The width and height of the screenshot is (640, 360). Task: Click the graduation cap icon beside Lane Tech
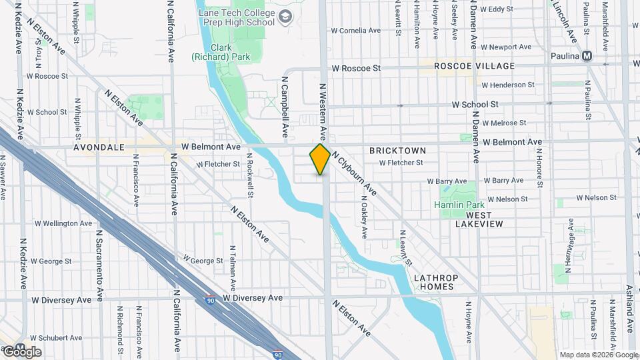[285, 16]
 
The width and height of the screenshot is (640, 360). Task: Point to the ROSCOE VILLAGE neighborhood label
[474, 66]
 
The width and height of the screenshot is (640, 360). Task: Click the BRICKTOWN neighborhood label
[397, 151]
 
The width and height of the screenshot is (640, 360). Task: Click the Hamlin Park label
[457, 205]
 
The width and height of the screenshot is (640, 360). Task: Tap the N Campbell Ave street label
[285, 107]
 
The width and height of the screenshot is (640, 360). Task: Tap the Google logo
[21, 351]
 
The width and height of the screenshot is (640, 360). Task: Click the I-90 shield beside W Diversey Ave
[211, 300]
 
